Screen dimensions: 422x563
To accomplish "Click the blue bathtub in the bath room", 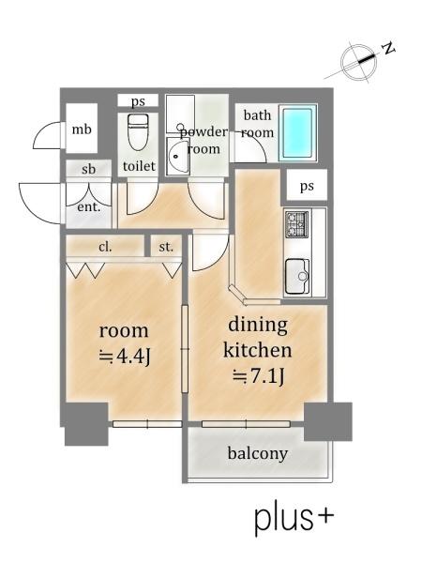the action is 298,132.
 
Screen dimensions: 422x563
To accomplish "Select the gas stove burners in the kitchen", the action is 296,223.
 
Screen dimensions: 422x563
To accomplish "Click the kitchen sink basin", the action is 297,276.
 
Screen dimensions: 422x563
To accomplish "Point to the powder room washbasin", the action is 178,156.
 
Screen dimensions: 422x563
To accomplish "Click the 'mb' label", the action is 82,129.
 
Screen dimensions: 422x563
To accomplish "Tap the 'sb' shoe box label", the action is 89,169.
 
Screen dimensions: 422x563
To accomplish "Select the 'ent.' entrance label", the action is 89,206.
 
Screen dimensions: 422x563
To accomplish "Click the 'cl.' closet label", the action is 105,247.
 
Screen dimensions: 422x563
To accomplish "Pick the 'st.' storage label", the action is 166,247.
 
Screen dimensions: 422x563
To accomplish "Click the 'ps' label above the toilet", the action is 138,101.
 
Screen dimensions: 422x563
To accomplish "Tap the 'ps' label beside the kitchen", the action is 307,186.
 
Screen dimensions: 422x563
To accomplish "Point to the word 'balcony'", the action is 258,453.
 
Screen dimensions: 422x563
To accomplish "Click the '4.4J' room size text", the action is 124,357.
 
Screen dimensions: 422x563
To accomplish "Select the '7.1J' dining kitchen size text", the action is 259,376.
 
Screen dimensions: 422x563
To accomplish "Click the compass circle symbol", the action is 359,62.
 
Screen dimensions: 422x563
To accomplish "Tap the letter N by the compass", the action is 387,48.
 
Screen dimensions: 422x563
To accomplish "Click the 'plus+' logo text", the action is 294,519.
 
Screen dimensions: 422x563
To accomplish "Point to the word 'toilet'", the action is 139,166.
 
